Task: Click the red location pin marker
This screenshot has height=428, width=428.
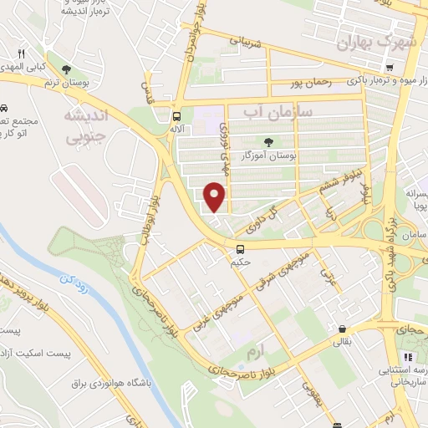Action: (215, 197)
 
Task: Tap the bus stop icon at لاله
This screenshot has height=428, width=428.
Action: (176, 116)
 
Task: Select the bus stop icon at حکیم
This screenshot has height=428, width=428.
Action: (241, 248)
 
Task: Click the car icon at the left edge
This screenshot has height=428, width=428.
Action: (4, 109)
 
